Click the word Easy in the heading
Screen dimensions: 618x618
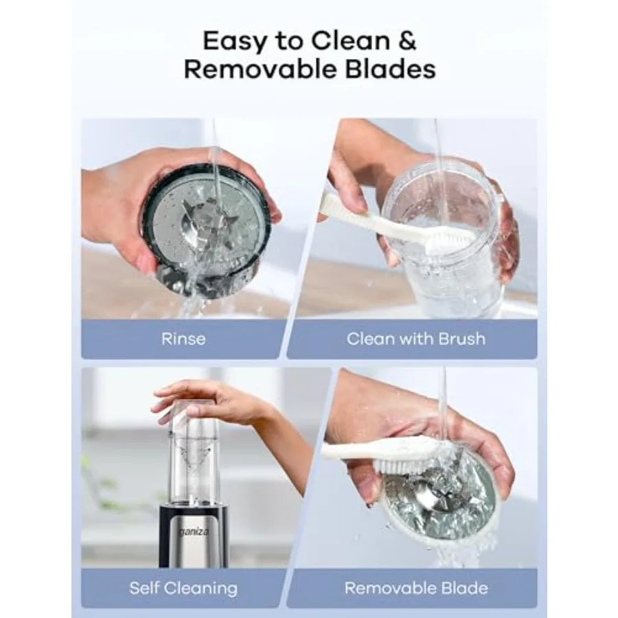click(235, 41)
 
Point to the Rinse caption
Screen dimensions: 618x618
click(183, 339)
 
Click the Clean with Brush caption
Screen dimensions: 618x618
click(416, 339)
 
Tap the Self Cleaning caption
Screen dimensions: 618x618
click(183, 588)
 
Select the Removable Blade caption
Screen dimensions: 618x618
click(416, 588)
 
